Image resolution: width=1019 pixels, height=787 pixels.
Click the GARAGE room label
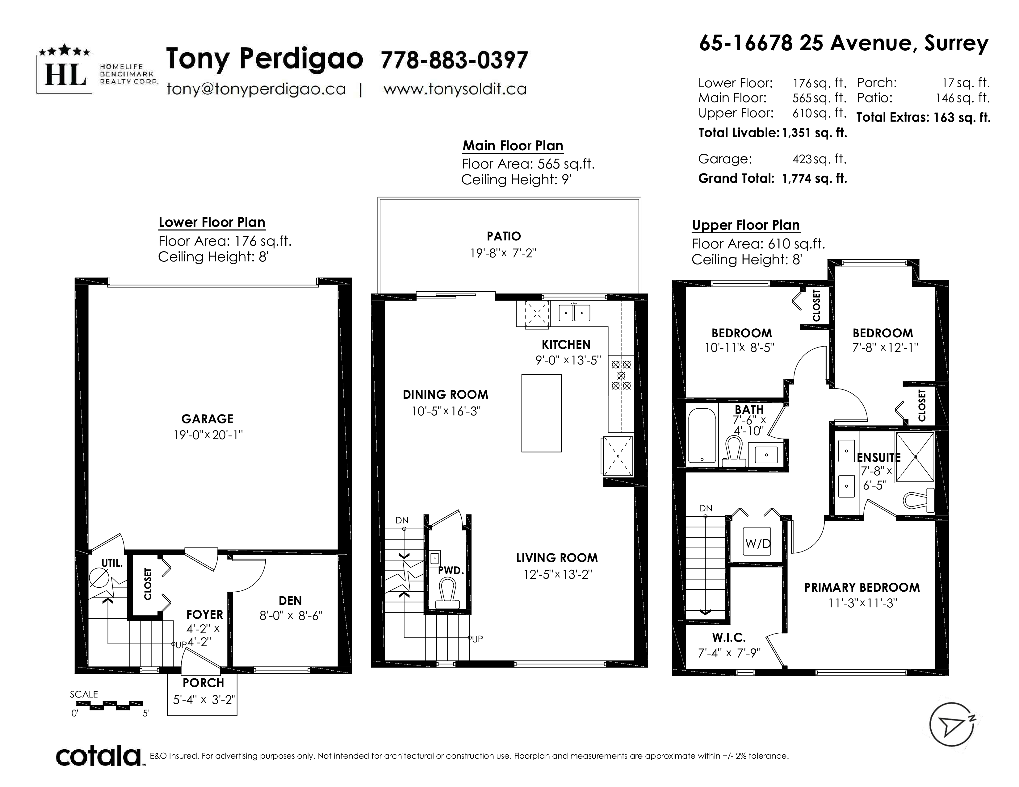[x=207, y=419]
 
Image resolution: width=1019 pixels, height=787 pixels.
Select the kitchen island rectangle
[x=541, y=413]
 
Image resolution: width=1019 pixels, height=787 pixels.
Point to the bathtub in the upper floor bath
[x=702, y=436]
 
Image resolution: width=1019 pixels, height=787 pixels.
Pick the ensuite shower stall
[x=915, y=457]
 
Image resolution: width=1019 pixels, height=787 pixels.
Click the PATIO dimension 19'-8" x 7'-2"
[x=503, y=253]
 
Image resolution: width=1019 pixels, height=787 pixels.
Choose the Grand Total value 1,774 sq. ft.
[x=815, y=179]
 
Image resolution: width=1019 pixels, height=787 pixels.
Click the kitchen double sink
[x=574, y=312]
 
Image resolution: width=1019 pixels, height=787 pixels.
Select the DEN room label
[x=290, y=601]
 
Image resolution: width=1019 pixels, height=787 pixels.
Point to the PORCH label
[x=203, y=683]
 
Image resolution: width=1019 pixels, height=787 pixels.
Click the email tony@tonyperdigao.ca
[x=256, y=89]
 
